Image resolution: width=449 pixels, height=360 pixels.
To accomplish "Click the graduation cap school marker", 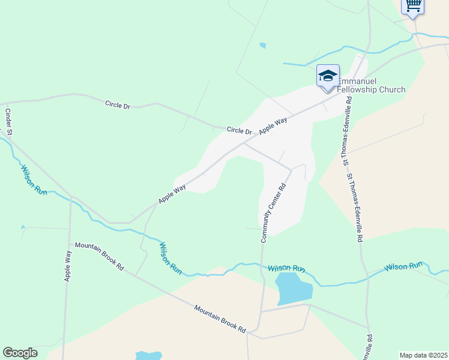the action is [x=328, y=76].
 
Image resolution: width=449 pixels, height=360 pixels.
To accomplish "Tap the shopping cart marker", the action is [x=412, y=5].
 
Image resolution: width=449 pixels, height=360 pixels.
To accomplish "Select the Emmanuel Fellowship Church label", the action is [x=372, y=85].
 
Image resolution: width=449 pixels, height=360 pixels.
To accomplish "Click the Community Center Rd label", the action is [x=273, y=212].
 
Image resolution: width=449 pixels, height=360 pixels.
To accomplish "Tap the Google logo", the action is [x=20, y=353].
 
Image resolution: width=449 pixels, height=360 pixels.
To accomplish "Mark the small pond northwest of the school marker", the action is [x=262, y=45].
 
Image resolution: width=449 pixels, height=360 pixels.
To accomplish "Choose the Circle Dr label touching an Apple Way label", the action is [x=239, y=130].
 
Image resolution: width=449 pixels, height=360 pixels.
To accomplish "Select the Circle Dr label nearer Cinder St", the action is [x=118, y=104].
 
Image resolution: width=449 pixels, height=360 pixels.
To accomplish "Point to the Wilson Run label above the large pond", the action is [x=287, y=268].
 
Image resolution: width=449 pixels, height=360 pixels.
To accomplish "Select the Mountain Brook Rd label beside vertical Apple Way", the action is [x=99, y=256].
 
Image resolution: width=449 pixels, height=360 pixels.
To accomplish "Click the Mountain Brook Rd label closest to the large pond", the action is [x=220, y=319].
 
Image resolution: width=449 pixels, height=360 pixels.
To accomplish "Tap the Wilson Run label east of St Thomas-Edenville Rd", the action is [x=404, y=265].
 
